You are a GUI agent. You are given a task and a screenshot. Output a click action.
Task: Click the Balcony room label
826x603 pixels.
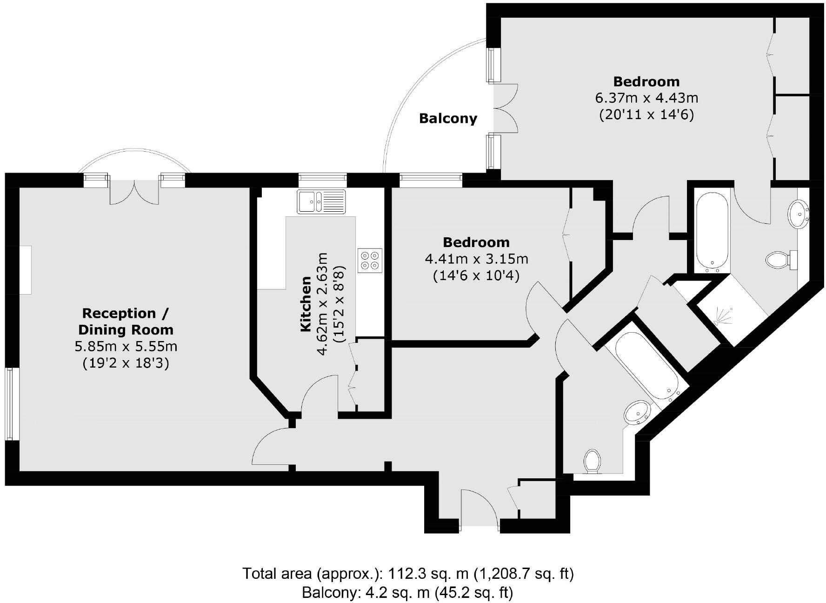(x=448, y=119)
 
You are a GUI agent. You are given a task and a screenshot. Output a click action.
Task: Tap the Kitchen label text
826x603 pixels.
(x=305, y=304)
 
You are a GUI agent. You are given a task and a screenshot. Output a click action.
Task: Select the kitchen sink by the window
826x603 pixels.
(x=321, y=201)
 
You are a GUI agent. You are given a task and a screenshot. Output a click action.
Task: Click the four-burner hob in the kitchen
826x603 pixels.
(x=370, y=261)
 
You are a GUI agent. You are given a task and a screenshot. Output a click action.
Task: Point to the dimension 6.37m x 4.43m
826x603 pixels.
(x=646, y=98)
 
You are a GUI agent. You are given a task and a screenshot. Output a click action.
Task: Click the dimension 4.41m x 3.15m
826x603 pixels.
(x=476, y=259)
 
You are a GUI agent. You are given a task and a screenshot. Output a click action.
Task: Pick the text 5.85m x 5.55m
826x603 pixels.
(x=126, y=347)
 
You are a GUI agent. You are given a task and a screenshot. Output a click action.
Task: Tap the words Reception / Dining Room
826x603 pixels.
(x=126, y=322)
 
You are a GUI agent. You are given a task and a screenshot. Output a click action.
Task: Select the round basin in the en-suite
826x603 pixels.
(x=799, y=214)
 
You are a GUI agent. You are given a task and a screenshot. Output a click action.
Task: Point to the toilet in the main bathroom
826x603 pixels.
(x=592, y=461)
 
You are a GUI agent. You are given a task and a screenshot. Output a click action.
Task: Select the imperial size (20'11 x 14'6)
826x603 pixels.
(x=646, y=114)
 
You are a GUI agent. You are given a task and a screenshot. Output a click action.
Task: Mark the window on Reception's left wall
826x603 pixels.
(x=13, y=404)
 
